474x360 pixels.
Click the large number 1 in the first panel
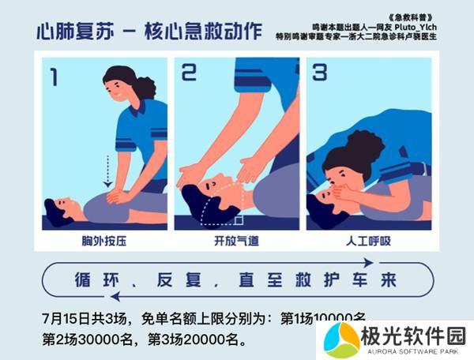55,77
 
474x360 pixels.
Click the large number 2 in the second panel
189,73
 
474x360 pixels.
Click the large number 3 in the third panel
319,73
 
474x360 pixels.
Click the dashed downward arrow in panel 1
107,169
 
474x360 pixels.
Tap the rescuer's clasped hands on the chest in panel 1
116,193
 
